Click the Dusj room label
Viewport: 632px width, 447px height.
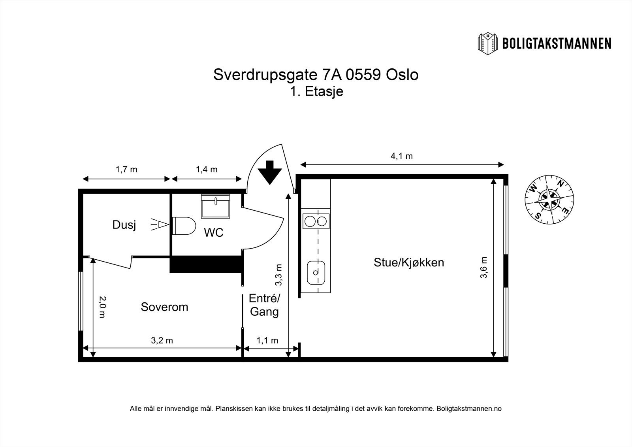(x=124, y=225)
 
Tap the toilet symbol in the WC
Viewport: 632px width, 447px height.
(x=184, y=226)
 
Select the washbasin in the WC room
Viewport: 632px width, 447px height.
(x=215, y=206)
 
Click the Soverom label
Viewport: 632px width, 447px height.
(x=164, y=307)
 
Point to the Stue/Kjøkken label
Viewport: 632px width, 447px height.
(x=409, y=262)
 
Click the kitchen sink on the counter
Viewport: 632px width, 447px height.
(x=316, y=272)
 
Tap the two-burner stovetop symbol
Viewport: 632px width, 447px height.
(x=316, y=221)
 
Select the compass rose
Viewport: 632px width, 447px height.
(x=549, y=200)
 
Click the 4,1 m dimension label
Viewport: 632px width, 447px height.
(x=402, y=156)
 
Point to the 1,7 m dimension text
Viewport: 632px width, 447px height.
(x=126, y=170)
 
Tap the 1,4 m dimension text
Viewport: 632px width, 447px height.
(x=207, y=170)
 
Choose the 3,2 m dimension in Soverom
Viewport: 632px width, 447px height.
(x=162, y=340)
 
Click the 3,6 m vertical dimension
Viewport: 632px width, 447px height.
(x=483, y=268)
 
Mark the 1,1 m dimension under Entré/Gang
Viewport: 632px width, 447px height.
(x=267, y=340)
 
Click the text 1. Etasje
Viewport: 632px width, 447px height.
(x=316, y=92)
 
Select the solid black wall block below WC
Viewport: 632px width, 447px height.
(x=205, y=264)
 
